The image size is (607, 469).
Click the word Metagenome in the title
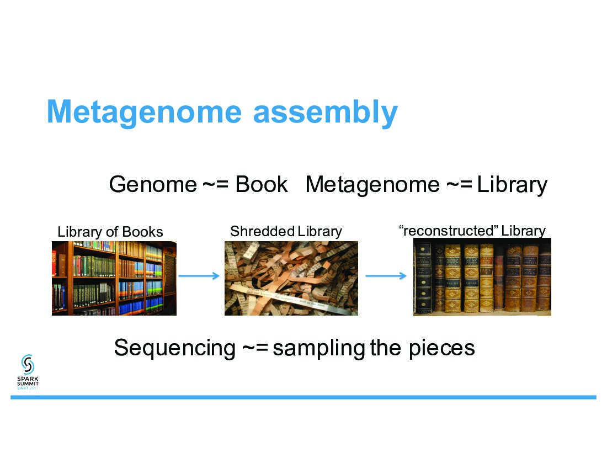pyautogui.click(x=144, y=112)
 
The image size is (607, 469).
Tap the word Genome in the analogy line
pyautogui.click(x=152, y=184)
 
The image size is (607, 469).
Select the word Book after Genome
pyautogui.click(x=262, y=184)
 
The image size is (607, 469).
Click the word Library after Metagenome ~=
pyautogui.click(x=512, y=184)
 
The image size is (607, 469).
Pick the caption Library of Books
pyautogui.click(x=110, y=232)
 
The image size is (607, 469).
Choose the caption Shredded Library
pyautogui.click(x=286, y=231)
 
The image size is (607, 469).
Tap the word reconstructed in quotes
pyautogui.click(x=449, y=231)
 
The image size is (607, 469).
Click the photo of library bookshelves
pyautogui.click(x=114, y=278)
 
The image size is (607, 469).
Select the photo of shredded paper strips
pyautogui.click(x=291, y=278)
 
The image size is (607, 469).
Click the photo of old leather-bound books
pyautogui.click(x=482, y=277)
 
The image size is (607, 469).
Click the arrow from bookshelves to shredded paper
pyautogui.click(x=200, y=276)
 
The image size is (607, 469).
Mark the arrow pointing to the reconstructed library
pyautogui.click(x=386, y=276)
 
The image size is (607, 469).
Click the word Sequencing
pyautogui.click(x=174, y=348)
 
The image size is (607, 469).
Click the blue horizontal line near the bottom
pyautogui.click(x=303, y=397)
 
